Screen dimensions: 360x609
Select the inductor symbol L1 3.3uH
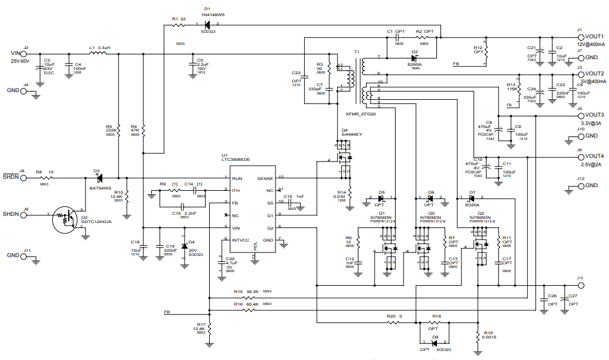[x=98, y=54]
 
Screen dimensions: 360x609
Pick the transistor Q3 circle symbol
[x=65, y=220]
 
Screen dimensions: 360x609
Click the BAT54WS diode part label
[x=100, y=188]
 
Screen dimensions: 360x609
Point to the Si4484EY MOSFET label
[x=352, y=135]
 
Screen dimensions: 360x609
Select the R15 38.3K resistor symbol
[x=250, y=297]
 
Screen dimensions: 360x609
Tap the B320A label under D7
[x=472, y=205]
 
